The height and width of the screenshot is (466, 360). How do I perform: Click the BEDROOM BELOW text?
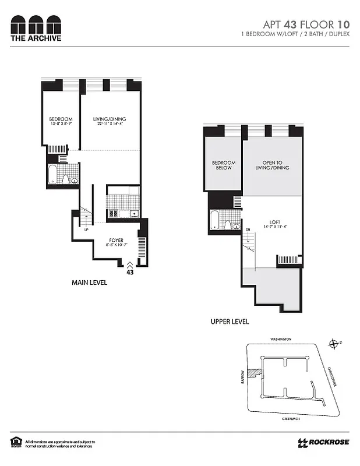click(x=224, y=165)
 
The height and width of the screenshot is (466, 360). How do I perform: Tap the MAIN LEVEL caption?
click(x=89, y=283)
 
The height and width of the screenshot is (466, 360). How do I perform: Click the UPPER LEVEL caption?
click(x=230, y=322)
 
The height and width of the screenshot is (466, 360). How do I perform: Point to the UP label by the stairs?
click(x=86, y=230)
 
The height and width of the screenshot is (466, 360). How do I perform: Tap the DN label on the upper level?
click(x=247, y=230)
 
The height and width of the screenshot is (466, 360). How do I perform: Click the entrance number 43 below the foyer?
click(x=129, y=272)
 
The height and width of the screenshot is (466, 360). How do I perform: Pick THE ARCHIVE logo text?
click(x=36, y=38)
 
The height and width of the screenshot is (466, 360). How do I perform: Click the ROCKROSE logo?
click(x=324, y=442)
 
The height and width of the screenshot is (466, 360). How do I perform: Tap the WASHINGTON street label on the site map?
click(x=280, y=339)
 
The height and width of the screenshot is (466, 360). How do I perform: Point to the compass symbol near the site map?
click(x=333, y=344)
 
